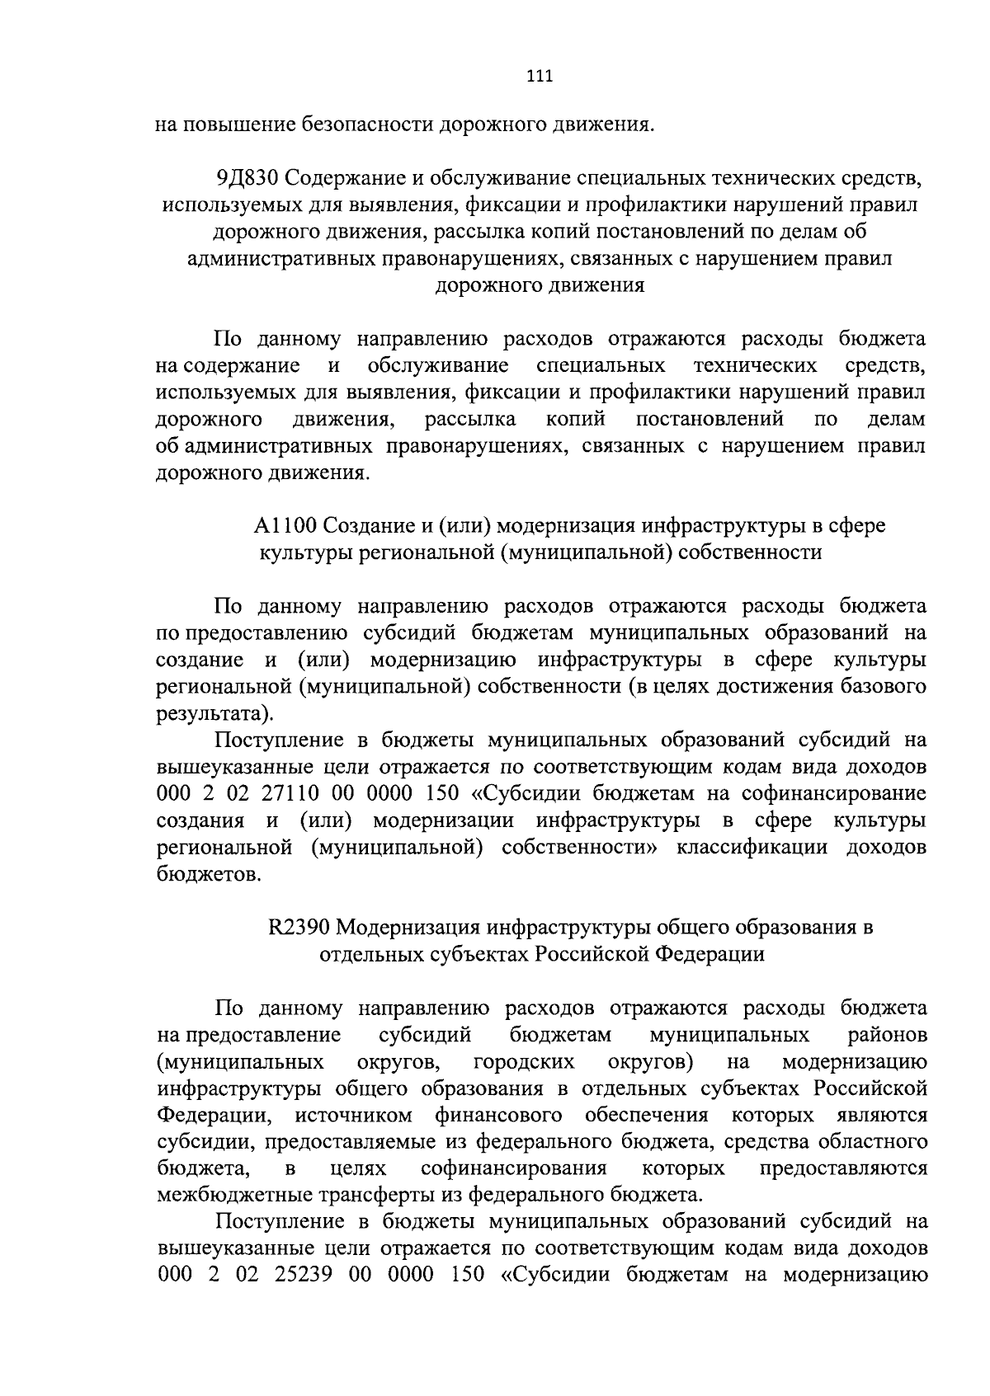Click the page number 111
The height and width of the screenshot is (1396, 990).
[x=540, y=76]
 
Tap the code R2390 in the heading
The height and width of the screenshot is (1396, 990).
[x=299, y=927]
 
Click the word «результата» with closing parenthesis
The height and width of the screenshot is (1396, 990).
[x=213, y=712]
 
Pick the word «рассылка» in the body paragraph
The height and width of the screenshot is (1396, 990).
[x=470, y=419]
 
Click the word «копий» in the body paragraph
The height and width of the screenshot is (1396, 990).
[x=576, y=419]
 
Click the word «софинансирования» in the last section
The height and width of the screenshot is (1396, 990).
[x=513, y=1168]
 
